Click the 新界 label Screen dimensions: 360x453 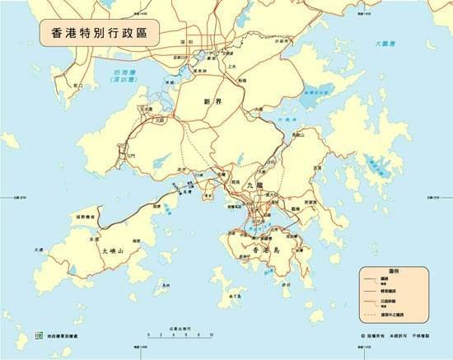coord(212,101)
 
